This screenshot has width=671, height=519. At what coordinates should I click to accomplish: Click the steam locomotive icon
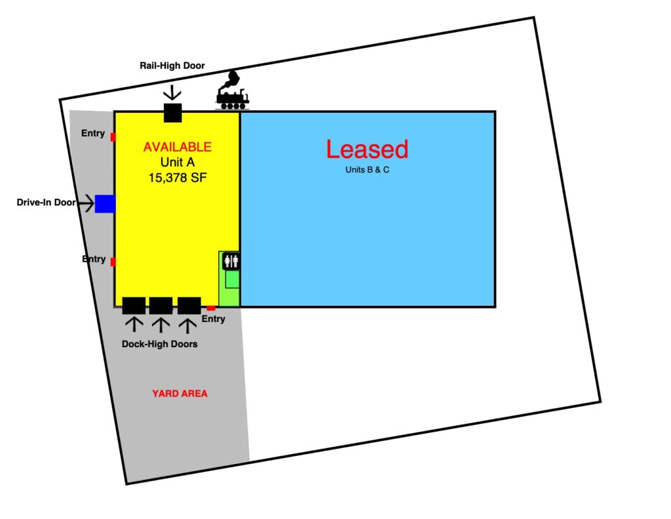(233, 91)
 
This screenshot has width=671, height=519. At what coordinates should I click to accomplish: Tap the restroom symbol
(231, 261)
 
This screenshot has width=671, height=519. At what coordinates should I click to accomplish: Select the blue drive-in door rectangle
(105, 203)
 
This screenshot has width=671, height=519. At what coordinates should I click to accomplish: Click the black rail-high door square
(173, 113)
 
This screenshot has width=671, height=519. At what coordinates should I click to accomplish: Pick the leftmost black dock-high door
(134, 306)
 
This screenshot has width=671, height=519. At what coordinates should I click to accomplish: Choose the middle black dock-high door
(161, 306)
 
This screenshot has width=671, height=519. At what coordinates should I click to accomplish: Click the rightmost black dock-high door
(189, 306)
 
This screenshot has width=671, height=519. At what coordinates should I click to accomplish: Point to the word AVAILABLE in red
(177, 147)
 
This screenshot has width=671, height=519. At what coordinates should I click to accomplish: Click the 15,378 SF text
(178, 177)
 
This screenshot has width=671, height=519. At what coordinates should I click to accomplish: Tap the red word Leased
(367, 149)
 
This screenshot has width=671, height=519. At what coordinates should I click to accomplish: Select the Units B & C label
(367, 170)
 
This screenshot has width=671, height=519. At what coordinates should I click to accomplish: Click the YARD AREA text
(180, 394)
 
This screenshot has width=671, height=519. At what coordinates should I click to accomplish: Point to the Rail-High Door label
(172, 66)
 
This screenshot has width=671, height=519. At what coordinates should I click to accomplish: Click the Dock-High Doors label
(160, 344)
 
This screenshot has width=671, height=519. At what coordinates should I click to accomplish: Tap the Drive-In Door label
(47, 202)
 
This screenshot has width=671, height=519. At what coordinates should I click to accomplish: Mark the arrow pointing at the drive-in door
(86, 203)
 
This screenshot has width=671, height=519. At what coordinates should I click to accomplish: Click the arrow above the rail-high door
(172, 93)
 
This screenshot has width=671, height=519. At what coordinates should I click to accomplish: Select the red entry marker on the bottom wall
(211, 308)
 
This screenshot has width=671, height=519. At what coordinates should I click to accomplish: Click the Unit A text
(178, 162)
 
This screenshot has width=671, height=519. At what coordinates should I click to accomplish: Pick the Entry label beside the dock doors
(213, 319)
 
